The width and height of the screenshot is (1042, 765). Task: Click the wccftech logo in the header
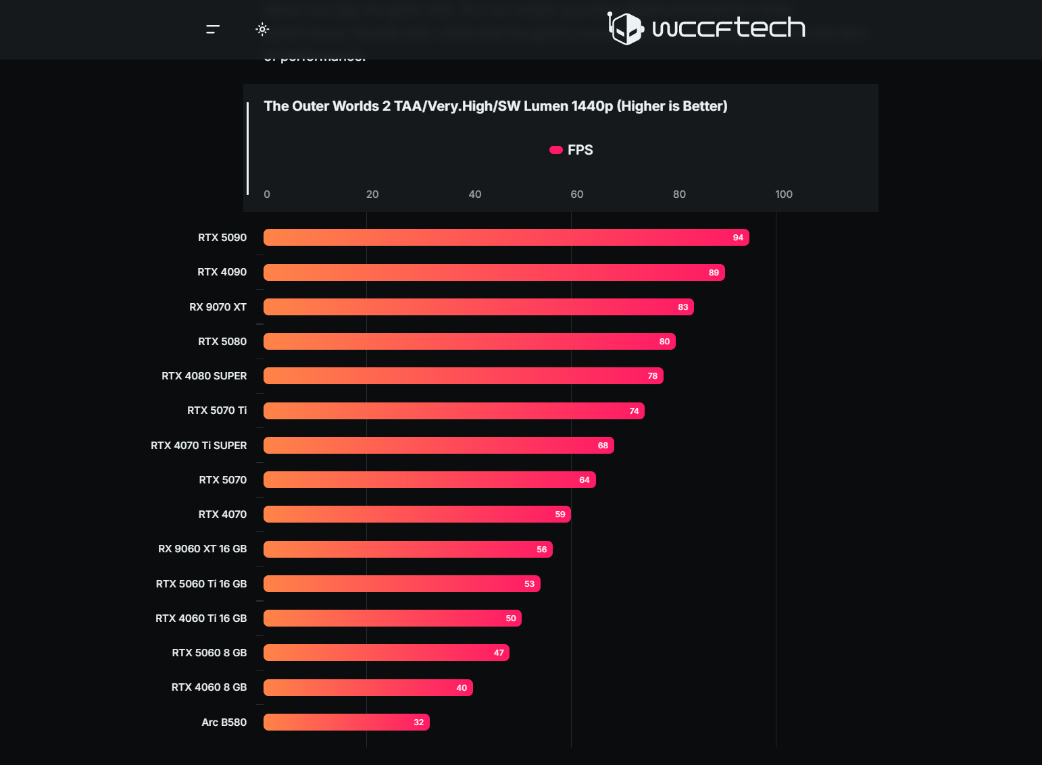pos(706,28)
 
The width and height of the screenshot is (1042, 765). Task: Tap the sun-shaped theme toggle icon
pos(262,29)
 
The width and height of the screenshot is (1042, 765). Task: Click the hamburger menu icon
pos(213,29)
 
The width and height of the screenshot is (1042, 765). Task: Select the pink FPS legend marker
pos(556,150)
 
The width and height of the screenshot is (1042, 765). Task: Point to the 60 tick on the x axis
pos(576,194)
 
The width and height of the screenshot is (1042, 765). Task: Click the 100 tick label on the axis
pos(783,194)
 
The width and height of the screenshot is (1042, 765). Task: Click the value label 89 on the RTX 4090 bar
pos(714,273)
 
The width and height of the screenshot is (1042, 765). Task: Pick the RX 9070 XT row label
pos(218,307)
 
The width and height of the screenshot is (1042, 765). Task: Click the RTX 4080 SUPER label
pos(204,376)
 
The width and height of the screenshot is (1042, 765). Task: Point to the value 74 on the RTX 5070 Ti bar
pos(634,411)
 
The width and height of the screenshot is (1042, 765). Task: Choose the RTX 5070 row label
pos(222,480)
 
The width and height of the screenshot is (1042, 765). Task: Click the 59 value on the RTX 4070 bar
pos(560,515)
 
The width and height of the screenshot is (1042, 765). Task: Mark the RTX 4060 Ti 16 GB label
pos(201,618)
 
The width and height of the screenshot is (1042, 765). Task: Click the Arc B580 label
pos(224,722)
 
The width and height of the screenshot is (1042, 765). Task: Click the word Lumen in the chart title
pos(545,106)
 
